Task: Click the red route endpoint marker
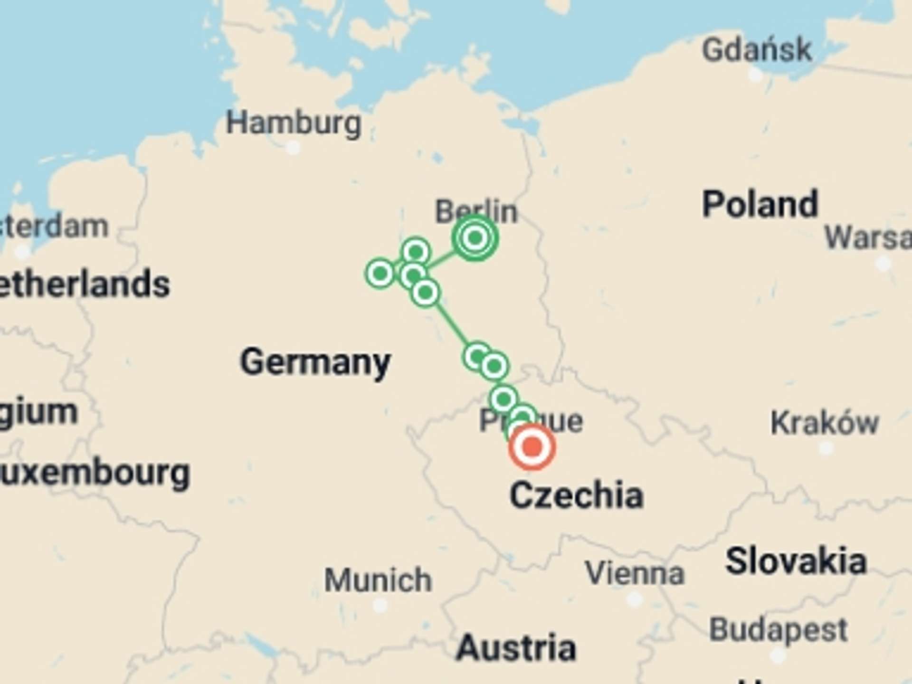[532, 447]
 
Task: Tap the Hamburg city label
[294, 123]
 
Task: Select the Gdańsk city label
[757, 49]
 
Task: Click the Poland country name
[760, 204]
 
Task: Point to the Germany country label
[315, 362]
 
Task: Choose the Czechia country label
[576, 495]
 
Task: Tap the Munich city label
[378, 580]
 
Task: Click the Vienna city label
[635, 573]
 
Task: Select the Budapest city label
[778, 630]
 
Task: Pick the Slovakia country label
[796, 561]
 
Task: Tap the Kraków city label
[825, 422]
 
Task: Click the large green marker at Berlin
[475, 237]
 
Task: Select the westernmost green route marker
[380, 273]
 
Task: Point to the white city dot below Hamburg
[294, 148]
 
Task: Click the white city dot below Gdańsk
[755, 75]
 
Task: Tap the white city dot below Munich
[380, 606]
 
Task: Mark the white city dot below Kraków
[826, 448]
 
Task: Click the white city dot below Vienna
[635, 599]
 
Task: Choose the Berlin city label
[476, 211]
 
